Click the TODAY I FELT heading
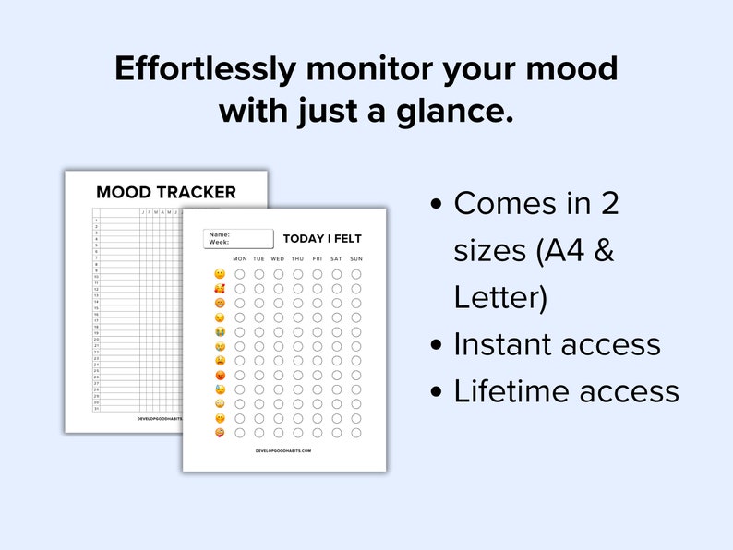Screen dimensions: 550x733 point(322,238)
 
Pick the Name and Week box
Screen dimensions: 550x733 point(238,239)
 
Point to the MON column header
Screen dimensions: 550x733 point(240,258)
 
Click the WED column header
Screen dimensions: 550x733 point(278,258)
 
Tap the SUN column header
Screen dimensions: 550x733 point(356,258)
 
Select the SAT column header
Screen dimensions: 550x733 point(337,258)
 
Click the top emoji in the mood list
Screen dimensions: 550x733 point(219,274)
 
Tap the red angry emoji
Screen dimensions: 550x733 point(219,375)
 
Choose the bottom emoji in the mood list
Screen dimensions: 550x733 point(219,433)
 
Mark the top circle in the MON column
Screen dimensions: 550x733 point(240,274)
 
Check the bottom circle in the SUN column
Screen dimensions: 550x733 point(356,433)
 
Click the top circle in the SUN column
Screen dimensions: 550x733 point(356,274)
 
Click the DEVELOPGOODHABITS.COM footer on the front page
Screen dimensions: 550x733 point(283,451)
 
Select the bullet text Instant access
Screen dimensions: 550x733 point(557,344)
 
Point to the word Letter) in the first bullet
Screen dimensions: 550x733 point(500,297)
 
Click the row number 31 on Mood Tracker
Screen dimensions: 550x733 point(96,409)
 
